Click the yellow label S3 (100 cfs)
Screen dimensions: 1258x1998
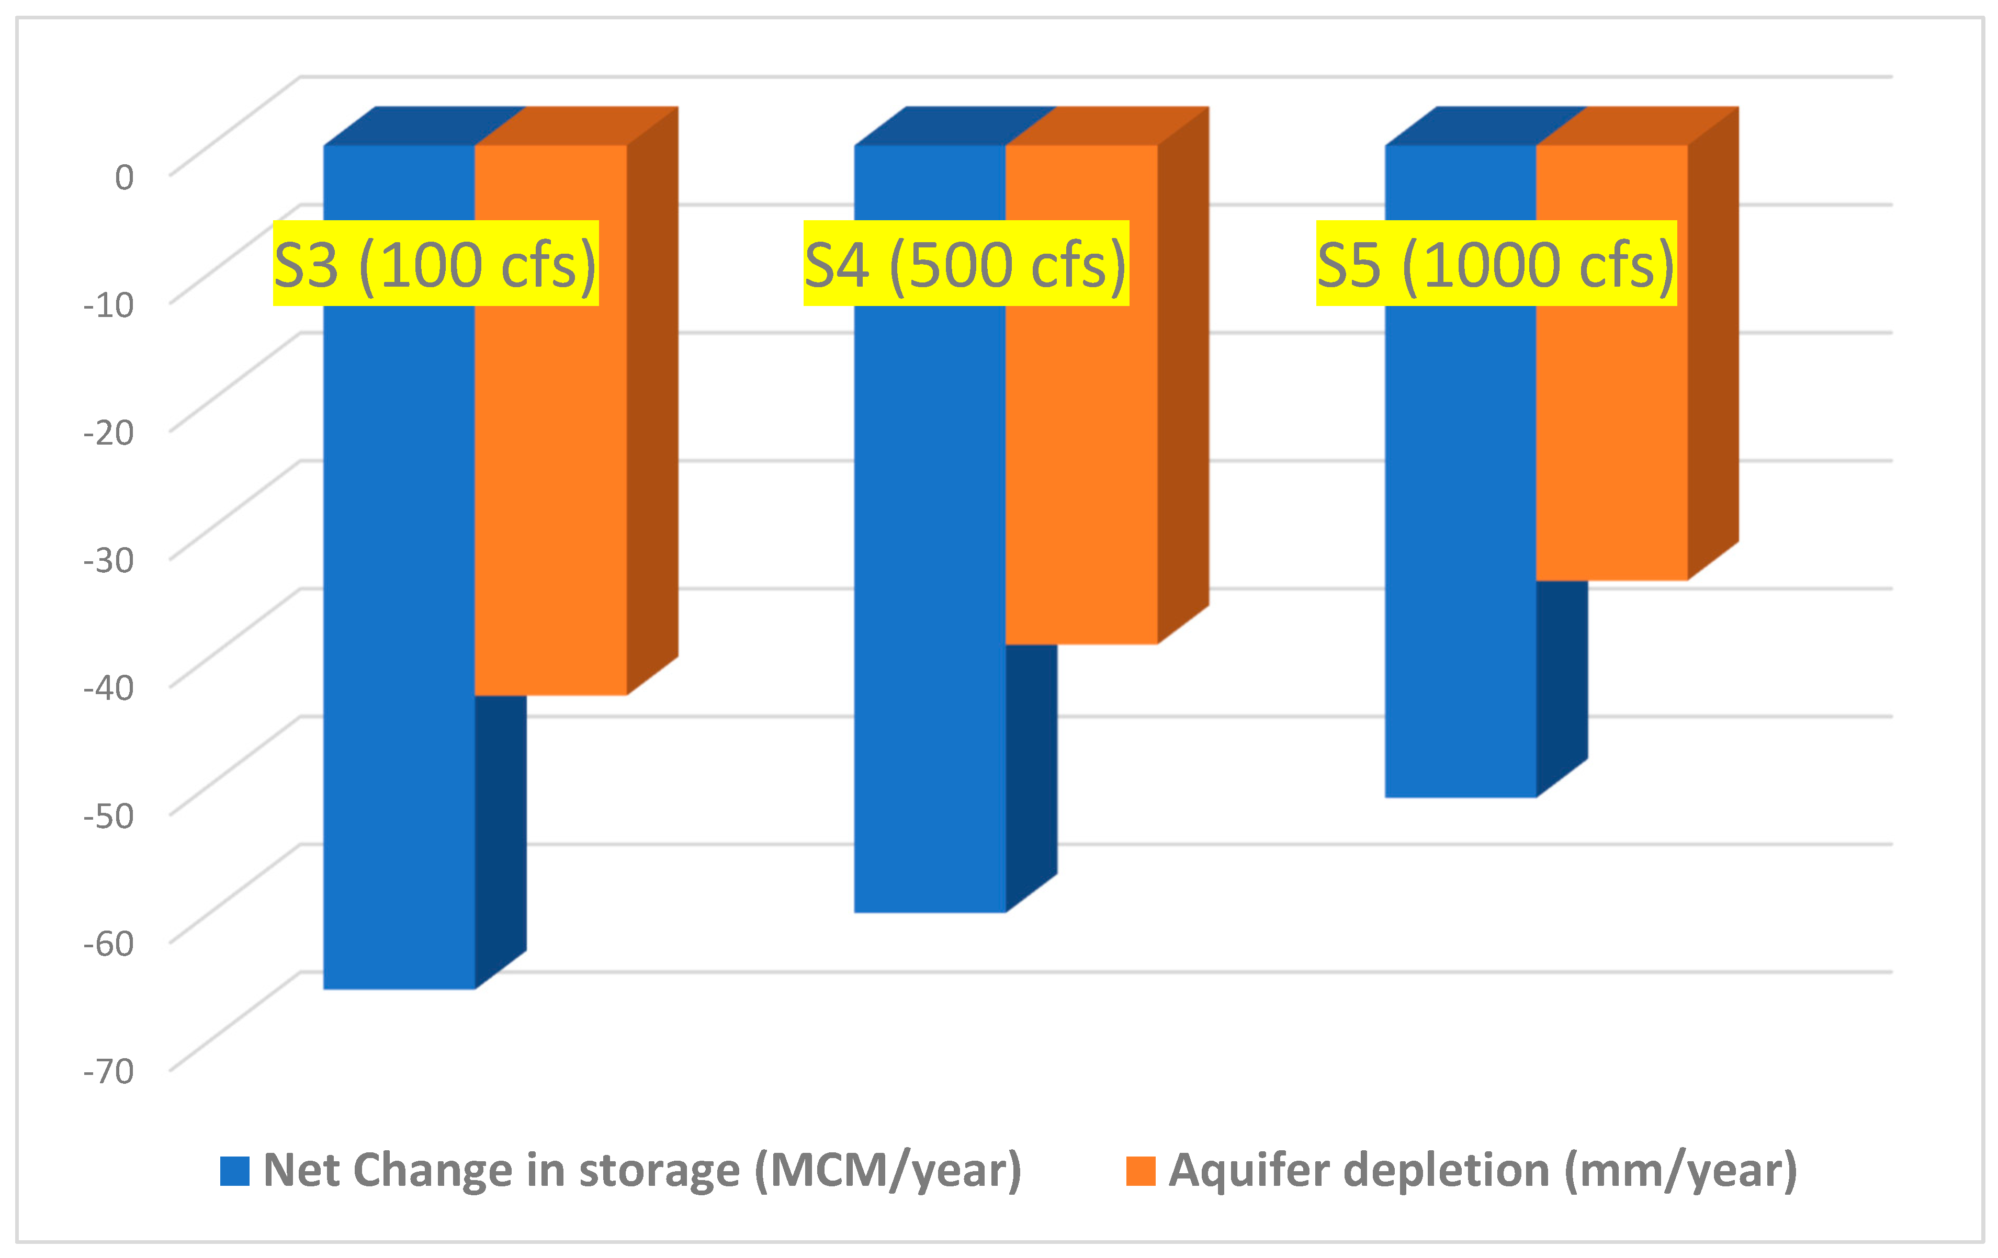[436, 264]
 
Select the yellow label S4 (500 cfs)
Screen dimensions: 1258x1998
[966, 264]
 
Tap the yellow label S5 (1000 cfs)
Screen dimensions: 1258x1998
[1496, 264]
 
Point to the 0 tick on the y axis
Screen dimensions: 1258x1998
[125, 177]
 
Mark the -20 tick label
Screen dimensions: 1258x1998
[109, 433]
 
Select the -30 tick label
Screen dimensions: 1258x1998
[109, 560]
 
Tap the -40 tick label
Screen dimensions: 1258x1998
[109, 688]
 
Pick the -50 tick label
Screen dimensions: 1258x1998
[109, 815]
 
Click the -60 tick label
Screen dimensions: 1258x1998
[109, 944]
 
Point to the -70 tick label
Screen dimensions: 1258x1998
[109, 1071]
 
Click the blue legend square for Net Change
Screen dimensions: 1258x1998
[235, 1171]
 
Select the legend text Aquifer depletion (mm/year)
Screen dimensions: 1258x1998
[1483, 1171]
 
